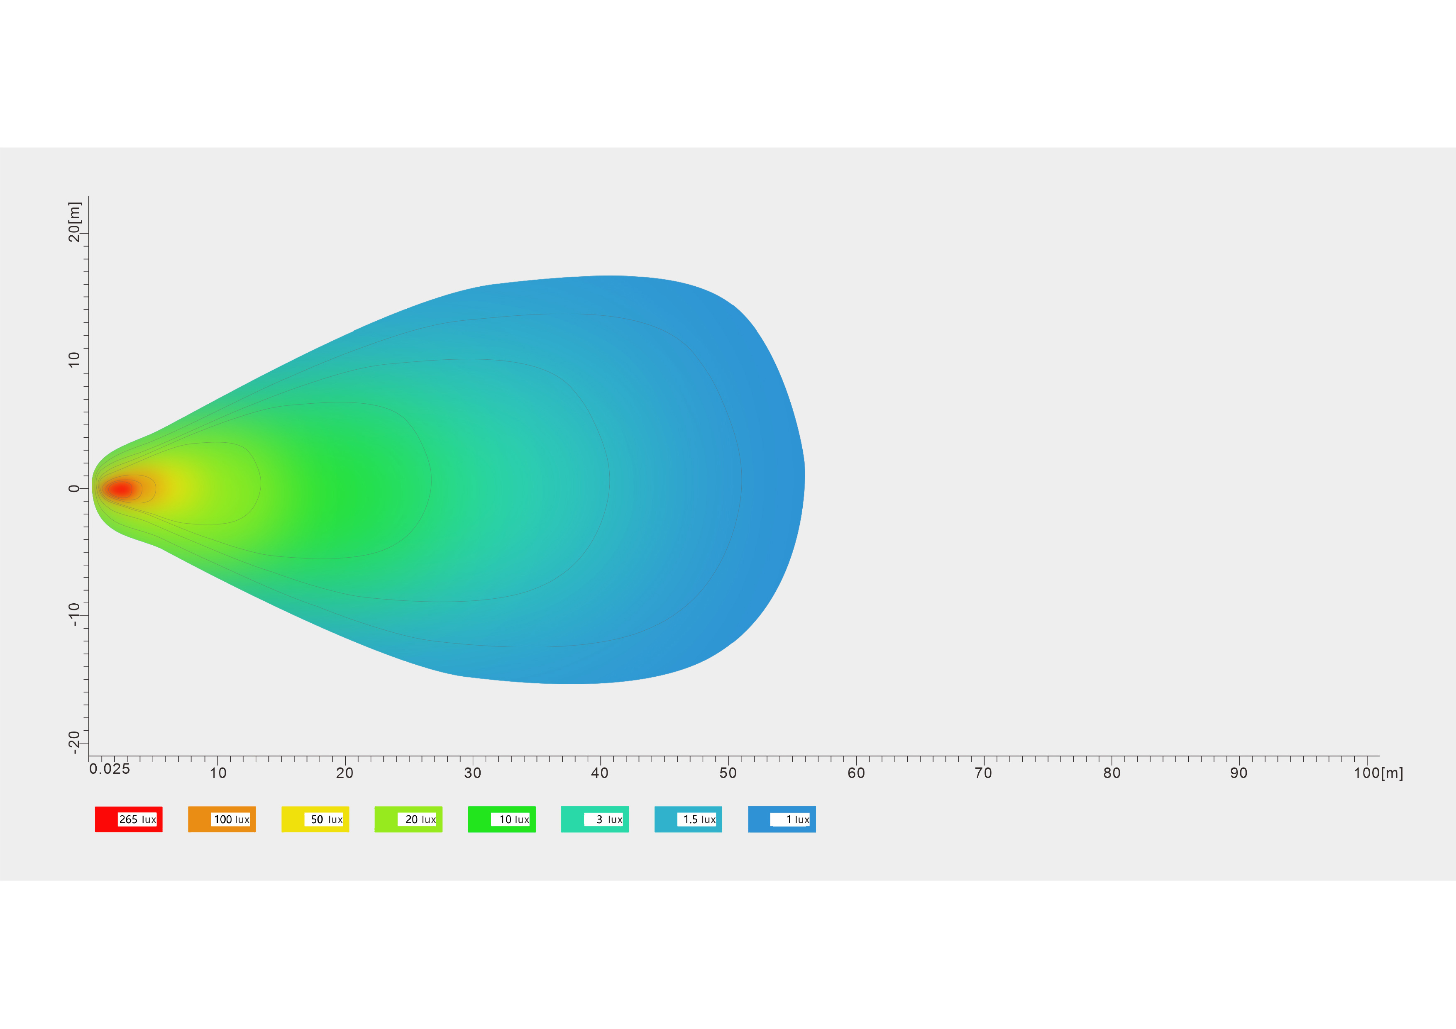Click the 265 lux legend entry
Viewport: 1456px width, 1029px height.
(129, 819)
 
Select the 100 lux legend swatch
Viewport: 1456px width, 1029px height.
(222, 819)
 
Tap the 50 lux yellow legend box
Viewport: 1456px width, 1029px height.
(315, 819)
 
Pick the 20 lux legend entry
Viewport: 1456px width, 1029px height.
(408, 819)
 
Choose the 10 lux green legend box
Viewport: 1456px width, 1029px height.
(502, 819)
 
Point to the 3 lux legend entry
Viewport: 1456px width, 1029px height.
(595, 819)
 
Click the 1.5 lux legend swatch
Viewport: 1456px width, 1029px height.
(688, 819)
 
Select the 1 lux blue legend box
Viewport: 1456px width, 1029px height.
(782, 819)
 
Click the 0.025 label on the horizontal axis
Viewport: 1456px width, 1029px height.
(110, 769)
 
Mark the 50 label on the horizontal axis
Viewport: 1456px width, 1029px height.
(728, 773)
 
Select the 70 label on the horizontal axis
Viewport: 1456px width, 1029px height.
(984, 773)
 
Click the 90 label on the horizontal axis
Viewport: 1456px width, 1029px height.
(1239, 773)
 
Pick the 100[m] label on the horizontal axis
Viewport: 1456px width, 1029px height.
(1379, 773)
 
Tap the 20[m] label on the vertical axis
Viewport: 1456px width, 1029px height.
(74, 222)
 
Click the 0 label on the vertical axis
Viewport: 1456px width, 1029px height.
(74, 488)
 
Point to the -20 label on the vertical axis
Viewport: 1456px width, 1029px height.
(74, 742)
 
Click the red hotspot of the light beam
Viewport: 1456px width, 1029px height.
(120, 489)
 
